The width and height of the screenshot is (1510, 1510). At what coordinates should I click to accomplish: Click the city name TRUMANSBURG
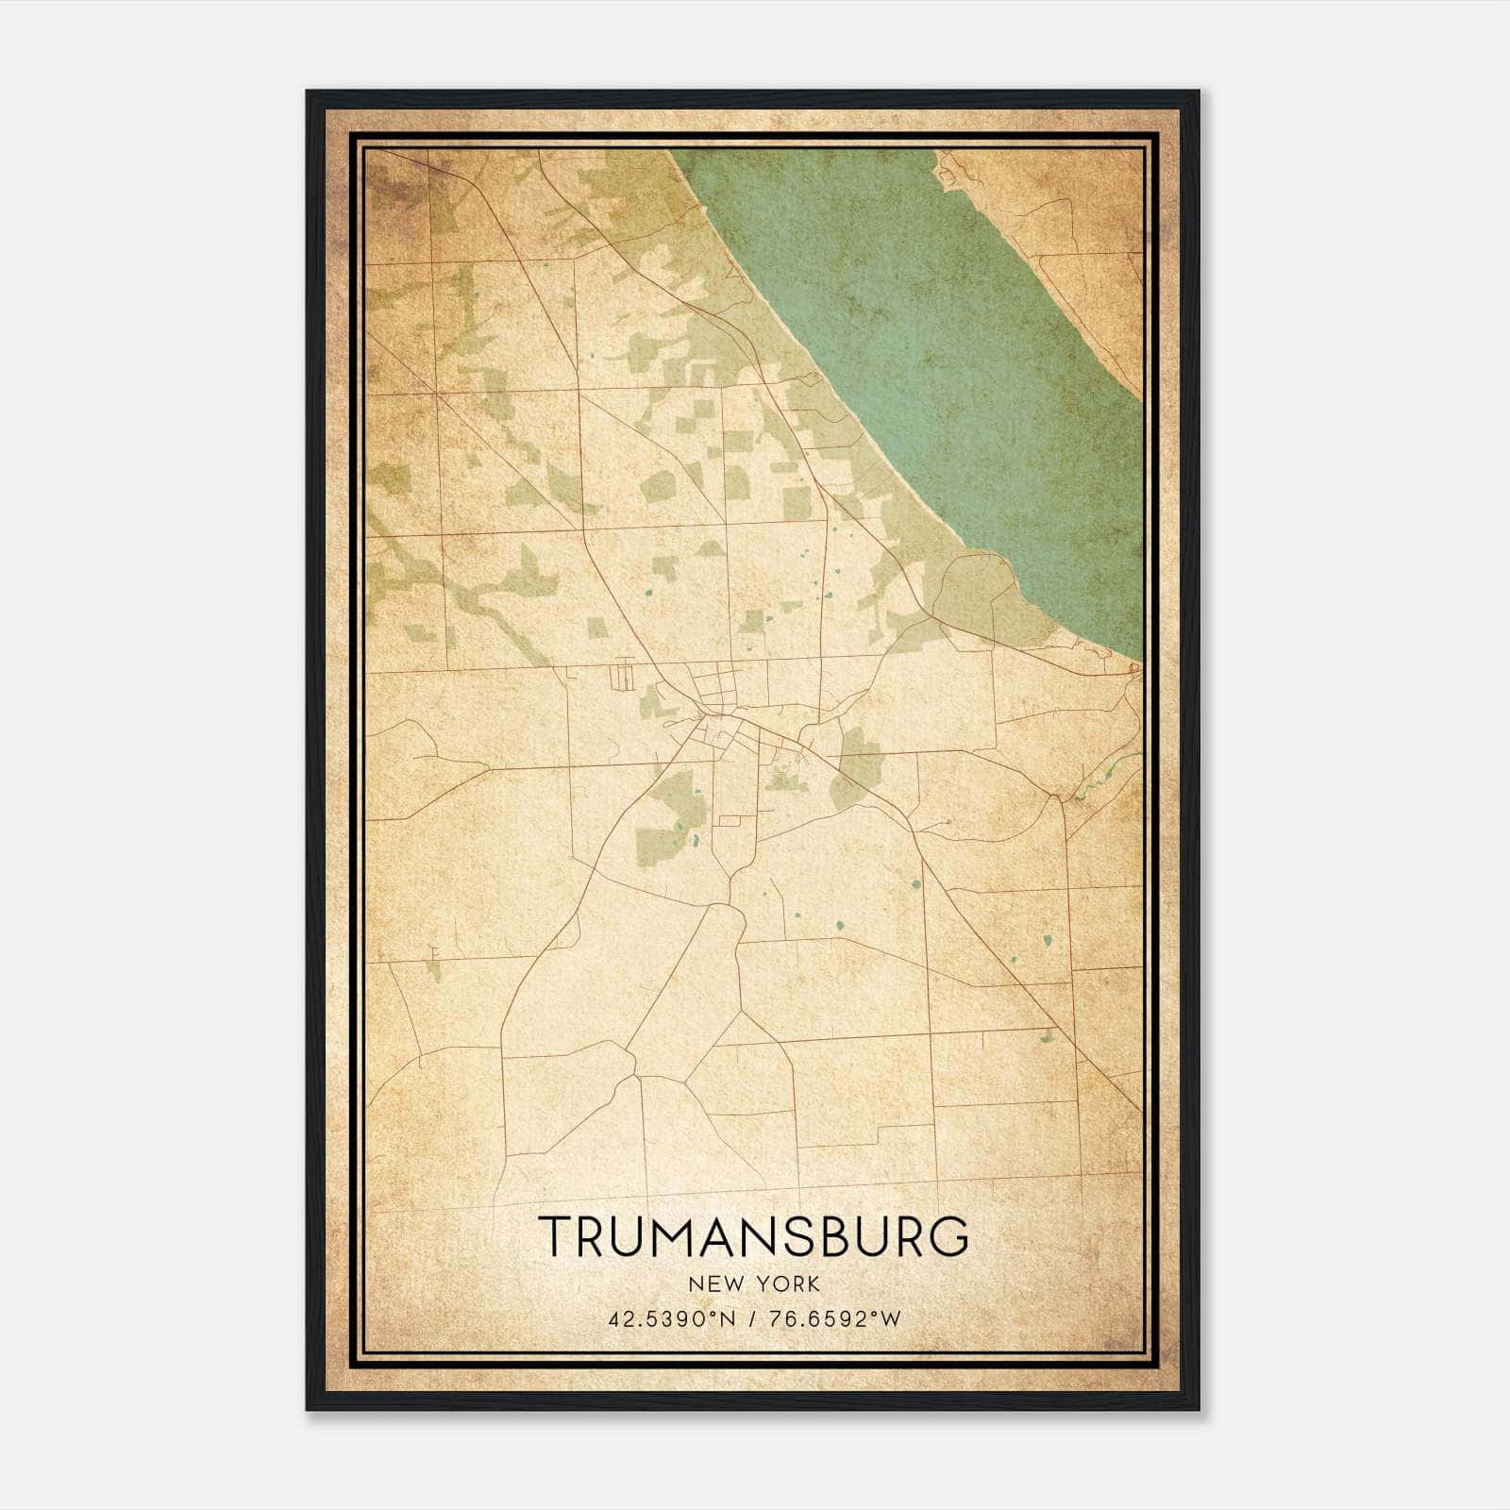click(753, 1235)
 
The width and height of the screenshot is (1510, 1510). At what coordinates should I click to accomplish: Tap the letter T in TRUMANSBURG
click(555, 1235)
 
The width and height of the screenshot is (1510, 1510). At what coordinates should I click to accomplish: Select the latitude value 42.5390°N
click(670, 1319)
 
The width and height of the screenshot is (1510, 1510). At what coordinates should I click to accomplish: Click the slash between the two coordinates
click(752, 1319)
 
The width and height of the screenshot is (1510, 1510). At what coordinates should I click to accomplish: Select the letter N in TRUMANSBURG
click(761, 1235)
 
